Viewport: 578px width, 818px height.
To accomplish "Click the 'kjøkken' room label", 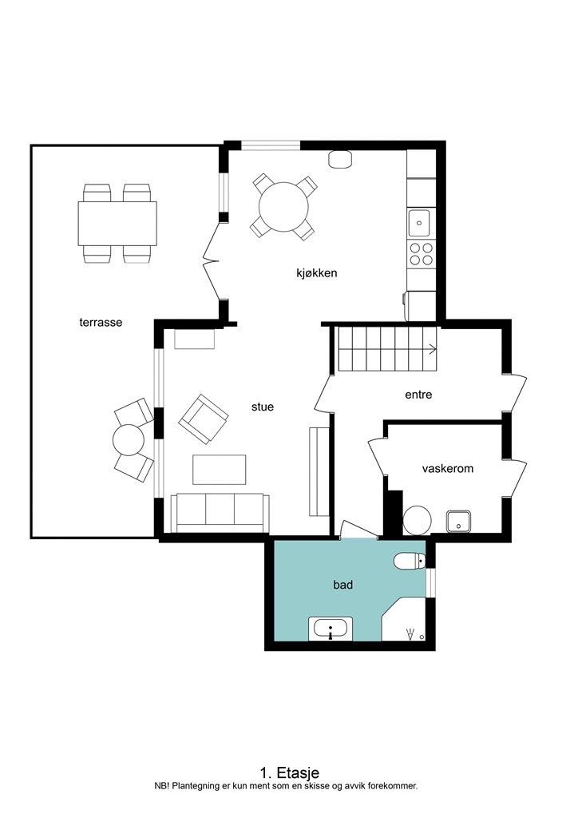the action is click(316, 273).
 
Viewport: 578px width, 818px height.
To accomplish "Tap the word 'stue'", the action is click(262, 407).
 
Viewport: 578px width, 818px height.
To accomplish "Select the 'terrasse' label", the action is click(101, 323).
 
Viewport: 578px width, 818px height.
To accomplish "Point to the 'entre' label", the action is click(418, 395).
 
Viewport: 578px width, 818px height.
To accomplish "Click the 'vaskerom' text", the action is click(448, 468).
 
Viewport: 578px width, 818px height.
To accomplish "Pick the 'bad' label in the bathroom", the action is click(343, 585).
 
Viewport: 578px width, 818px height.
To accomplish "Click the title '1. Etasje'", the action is click(289, 772).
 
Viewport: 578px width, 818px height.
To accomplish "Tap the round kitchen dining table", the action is click(283, 207).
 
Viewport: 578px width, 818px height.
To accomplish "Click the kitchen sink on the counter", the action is click(419, 224).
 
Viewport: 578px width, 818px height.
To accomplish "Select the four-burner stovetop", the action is click(421, 254).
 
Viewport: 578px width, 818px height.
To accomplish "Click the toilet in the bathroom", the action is click(410, 561).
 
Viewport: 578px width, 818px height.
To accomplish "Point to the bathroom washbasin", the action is click(331, 629).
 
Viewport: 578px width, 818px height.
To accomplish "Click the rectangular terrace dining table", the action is click(117, 224).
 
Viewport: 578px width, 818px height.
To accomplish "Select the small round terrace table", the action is click(129, 440).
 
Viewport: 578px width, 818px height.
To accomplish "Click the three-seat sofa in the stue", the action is click(220, 513).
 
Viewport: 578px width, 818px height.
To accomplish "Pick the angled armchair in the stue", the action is click(204, 419).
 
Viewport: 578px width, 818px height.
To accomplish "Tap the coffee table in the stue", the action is click(219, 470).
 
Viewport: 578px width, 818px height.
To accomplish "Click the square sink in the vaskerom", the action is click(458, 521).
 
